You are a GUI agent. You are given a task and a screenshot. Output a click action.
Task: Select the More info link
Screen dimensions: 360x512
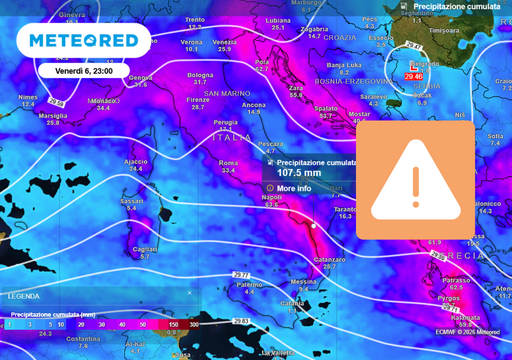coord(293,188)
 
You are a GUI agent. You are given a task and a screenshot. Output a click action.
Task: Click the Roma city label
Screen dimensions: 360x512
coord(228,163)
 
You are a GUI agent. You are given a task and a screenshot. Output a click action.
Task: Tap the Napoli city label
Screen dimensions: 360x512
coord(271,197)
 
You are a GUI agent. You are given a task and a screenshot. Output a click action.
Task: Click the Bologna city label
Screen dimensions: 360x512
coord(201,75)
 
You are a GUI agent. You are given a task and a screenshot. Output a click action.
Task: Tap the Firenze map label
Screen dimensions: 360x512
coord(198,100)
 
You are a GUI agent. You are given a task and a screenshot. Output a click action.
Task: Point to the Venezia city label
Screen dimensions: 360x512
coord(225,42)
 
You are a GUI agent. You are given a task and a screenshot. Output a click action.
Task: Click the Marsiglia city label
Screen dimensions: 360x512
coord(53,115)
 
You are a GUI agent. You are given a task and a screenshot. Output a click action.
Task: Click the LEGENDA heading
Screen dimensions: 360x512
coord(24,297)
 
